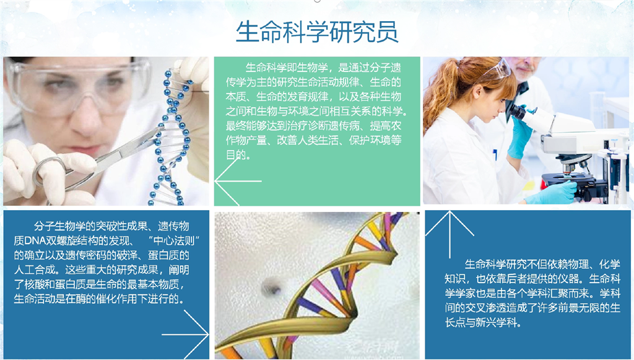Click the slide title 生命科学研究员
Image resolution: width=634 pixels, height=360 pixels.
pyautogui.click(x=317, y=32)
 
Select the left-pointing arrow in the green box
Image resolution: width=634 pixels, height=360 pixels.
pyautogui.click(x=238, y=181)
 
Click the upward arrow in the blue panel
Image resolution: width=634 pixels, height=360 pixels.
pyautogui.click(x=449, y=235)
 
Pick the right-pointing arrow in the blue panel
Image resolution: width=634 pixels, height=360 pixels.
pyautogui.click(x=185, y=335)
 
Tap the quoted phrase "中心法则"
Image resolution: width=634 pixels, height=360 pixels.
pyautogui.click(x=174, y=240)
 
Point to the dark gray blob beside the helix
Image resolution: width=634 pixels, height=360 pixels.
pyautogui.click(x=271, y=287)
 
